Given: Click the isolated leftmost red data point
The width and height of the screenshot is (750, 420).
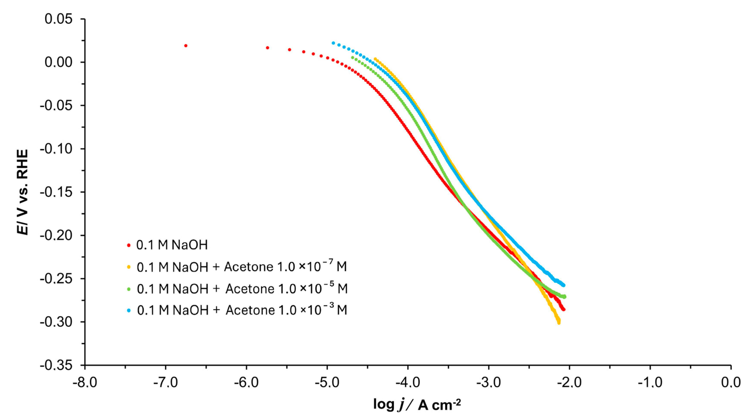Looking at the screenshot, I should click(x=186, y=46).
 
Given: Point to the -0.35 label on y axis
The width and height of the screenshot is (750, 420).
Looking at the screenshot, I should click(x=56, y=365).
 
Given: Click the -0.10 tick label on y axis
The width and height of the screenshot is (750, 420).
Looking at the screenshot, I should click(x=56, y=149).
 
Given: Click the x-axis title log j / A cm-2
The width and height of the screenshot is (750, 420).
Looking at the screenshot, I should click(x=417, y=404).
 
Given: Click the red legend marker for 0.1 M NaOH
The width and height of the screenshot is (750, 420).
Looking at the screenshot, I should click(x=129, y=245).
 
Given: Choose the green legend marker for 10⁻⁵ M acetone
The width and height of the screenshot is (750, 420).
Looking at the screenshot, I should click(x=129, y=289).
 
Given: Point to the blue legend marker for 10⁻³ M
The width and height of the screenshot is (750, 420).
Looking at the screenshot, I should click(x=129, y=310).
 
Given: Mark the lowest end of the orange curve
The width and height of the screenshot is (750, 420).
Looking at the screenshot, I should click(x=559, y=323).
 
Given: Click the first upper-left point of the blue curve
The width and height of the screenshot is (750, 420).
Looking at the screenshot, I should click(x=333, y=43).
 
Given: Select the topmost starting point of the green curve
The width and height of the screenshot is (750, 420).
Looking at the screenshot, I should click(x=352, y=57).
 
